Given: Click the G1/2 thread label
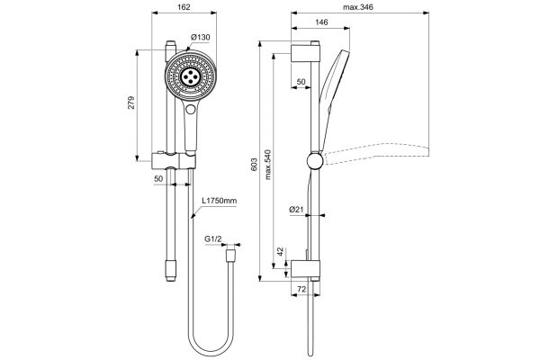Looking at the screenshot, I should (x=213, y=239).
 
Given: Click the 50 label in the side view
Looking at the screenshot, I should (x=301, y=81).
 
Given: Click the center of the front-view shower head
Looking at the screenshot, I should (x=191, y=77).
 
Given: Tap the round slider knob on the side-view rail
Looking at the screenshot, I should (x=312, y=162).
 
